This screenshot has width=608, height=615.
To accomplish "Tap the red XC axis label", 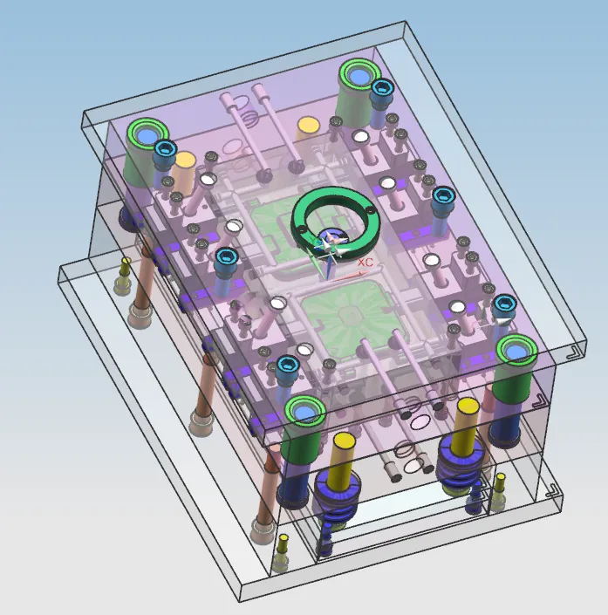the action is click(365, 263).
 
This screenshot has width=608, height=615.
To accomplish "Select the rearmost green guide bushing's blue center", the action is click(359, 76).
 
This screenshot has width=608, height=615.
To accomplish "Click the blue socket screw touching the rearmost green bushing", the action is click(382, 88).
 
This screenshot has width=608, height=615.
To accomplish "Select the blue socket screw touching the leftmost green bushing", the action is click(166, 150).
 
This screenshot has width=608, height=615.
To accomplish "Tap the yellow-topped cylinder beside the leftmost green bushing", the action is click(183, 173).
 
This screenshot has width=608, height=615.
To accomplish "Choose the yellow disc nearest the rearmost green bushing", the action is click(308, 125).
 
